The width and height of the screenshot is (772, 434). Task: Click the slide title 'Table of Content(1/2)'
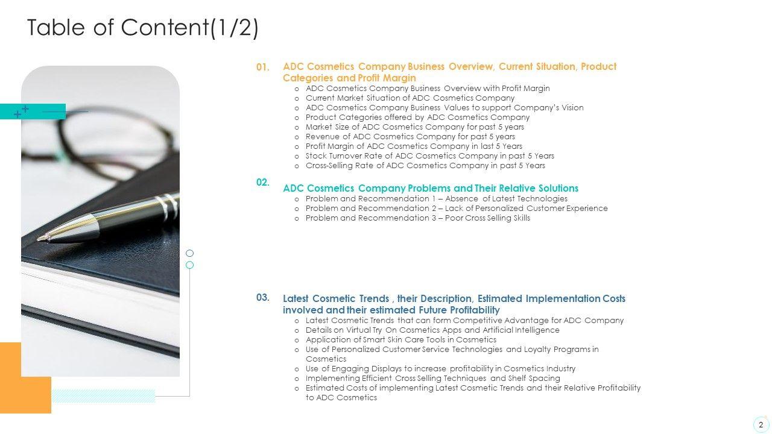pos(143,28)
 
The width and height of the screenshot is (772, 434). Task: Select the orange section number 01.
pos(262,68)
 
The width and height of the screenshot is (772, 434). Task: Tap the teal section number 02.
pos(262,182)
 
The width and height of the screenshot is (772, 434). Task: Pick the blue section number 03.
pos(262,297)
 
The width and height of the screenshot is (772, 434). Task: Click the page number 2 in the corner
pos(761,424)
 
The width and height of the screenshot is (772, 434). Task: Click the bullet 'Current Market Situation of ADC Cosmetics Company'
pos(410,98)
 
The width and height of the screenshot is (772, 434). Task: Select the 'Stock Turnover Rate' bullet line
pos(429,156)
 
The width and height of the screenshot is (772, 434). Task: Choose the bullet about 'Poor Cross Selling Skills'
pos(417,218)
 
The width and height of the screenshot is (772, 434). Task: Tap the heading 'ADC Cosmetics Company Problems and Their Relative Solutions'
pos(430,188)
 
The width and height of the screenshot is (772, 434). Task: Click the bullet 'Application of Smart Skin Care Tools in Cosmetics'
pos(400,339)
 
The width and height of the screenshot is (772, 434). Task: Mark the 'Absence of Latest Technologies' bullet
pos(436,198)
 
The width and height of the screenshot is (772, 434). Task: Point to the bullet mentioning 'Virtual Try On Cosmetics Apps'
pos(432,330)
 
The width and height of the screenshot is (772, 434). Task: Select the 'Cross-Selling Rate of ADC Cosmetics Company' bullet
pos(425,165)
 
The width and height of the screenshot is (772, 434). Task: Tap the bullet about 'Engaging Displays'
pos(440,368)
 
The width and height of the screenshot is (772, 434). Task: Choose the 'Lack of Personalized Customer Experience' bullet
pos(456,208)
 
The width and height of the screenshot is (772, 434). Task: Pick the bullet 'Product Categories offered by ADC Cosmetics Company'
pos(417,117)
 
